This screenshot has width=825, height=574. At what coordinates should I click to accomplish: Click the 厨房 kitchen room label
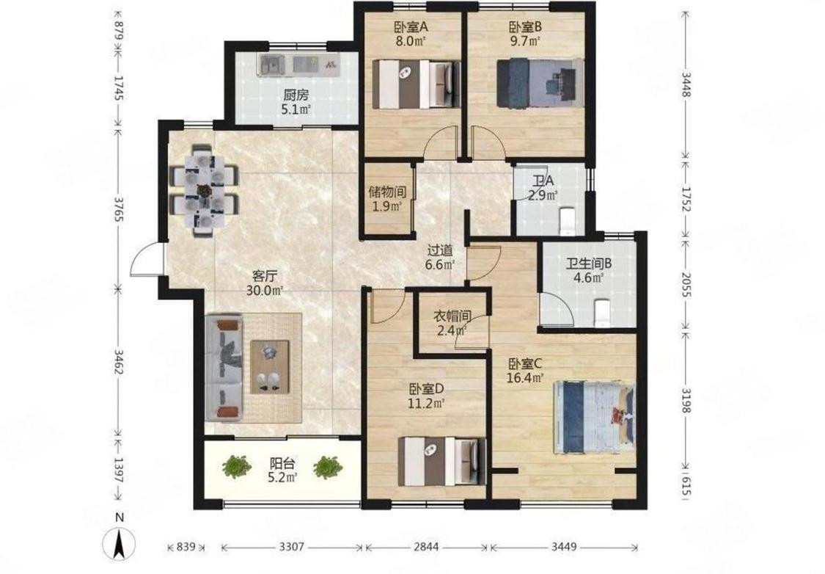pos(296,95)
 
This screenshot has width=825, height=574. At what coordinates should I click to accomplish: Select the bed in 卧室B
pos(540,84)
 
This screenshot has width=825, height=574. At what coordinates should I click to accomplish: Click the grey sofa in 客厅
pos(224,368)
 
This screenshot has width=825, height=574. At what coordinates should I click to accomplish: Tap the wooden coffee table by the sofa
pos(270,367)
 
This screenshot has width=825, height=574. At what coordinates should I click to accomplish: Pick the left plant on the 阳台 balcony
pos(236,465)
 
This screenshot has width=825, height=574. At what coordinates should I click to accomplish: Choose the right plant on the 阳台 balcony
pos(329,467)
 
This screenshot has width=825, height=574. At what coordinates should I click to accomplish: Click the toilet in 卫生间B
pos(601,313)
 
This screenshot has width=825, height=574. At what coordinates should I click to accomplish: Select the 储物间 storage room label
pos(387,192)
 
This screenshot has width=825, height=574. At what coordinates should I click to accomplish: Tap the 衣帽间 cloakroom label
pos(452,316)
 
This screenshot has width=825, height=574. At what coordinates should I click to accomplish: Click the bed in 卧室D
pos(442,461)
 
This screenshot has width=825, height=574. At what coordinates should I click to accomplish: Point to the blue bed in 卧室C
pos(595,418)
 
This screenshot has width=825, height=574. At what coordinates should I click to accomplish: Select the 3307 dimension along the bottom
pos(291,547)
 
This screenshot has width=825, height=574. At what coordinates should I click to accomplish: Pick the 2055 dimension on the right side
pos(686,284)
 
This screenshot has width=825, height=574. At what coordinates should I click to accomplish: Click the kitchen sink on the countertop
pos(271,65)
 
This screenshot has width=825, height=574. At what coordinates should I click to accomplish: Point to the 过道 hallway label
pos(440,251)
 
